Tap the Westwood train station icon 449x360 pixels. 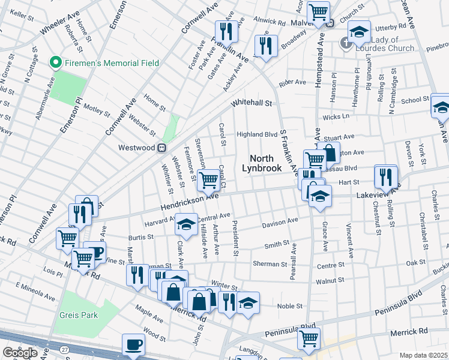[x=161, y=148]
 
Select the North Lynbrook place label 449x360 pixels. [x=265, y=163]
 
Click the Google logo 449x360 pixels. [x=20, y=352]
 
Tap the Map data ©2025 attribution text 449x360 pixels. [x=424, y=355]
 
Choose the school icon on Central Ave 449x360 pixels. [x=186, y=224]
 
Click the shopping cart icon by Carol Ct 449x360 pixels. [x=208, y=179]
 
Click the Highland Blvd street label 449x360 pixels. [x=256, y=134]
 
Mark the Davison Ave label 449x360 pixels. [x=280, y=223]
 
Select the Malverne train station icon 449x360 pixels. [x=331, y=23]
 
